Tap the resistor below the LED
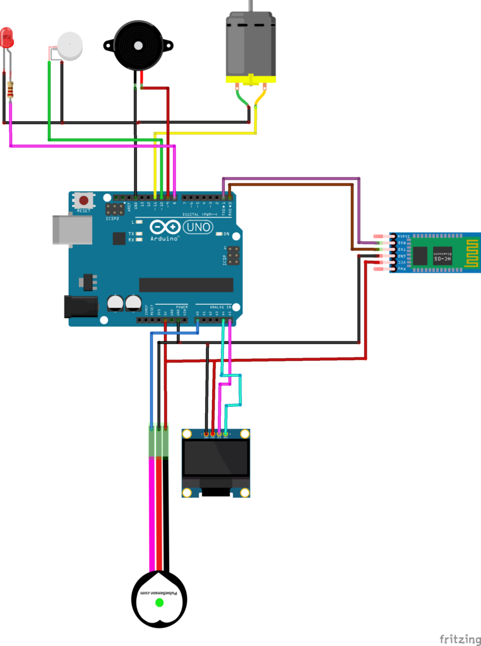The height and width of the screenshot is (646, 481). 10,90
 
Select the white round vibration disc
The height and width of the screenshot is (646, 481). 70,45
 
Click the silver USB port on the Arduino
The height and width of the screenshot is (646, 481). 71,229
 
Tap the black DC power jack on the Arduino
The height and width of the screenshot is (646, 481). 81,307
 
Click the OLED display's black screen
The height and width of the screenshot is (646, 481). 215,459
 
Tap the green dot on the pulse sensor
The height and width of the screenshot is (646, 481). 159,602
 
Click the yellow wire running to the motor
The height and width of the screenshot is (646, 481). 208,133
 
